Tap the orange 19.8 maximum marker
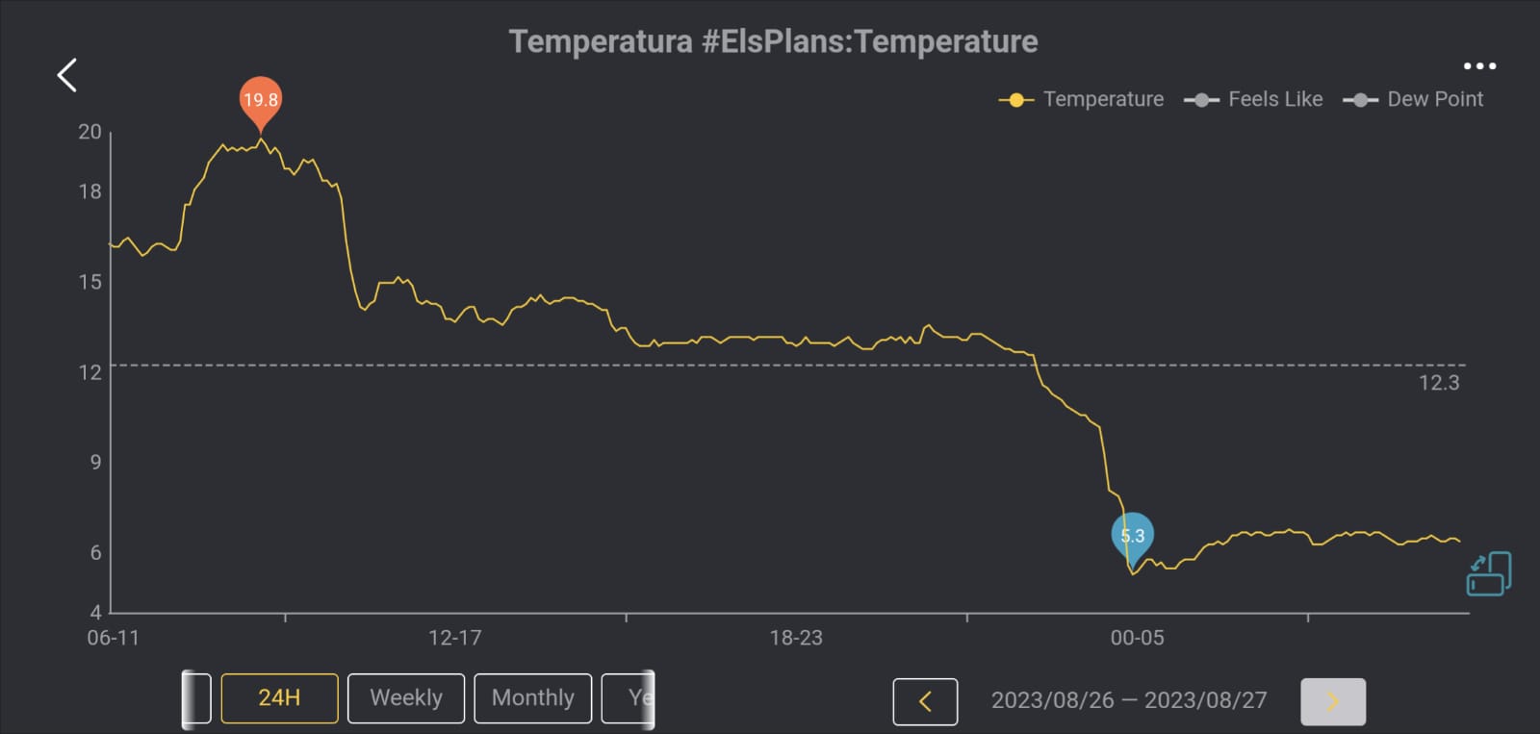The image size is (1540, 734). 260,99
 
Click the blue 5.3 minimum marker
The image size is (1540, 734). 1132,536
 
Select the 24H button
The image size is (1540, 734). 279,698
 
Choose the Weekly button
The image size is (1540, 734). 406,698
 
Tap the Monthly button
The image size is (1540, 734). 533,698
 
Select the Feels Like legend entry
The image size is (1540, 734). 1254,99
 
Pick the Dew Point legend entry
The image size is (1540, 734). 1414,99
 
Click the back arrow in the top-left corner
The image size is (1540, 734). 66,75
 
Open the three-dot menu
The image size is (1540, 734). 1479,66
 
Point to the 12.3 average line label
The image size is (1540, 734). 1438,383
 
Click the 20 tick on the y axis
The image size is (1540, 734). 90,132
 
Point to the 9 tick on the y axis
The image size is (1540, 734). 95,462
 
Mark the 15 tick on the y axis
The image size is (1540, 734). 90,282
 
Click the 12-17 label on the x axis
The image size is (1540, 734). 454,638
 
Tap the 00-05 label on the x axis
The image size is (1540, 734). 1137,638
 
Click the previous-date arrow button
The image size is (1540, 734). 925,701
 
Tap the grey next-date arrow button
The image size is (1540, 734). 1332,701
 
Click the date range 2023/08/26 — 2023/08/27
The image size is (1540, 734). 1129,700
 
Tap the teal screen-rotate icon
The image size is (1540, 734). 1488,574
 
